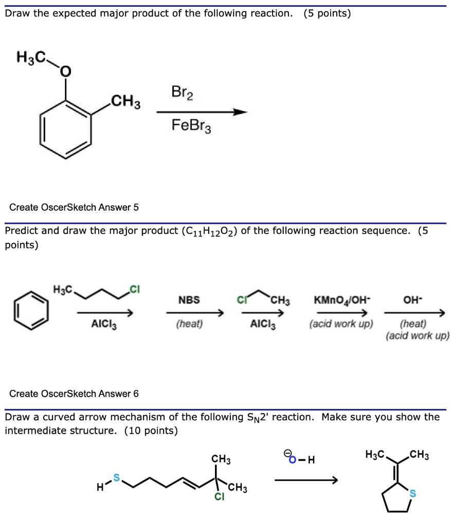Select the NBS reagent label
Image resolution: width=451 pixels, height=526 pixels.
(x=189, y=299)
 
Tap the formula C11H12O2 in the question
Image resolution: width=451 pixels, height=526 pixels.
(x=208, y=231)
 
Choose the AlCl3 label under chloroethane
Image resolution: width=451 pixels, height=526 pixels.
(x=263, y=325)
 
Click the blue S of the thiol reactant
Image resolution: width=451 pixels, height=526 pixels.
(x=116, y=478)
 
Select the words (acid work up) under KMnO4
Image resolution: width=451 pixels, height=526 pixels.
(x=341, y=325)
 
